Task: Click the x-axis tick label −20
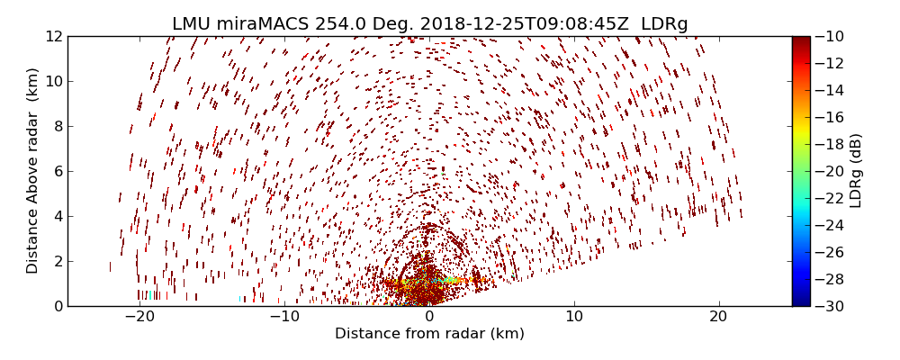click(139, 317)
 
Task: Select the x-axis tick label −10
click(284, 317)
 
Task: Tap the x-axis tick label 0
click(429, 317)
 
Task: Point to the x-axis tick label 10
click(574, 317)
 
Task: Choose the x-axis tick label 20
click(718, 317)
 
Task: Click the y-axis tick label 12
click(53, 36)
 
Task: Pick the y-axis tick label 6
click(57, 171)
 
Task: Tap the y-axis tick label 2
click(57, 261)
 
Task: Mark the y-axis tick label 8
click(57, 126)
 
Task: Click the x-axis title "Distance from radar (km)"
click(429, 334)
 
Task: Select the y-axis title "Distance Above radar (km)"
click(33, 171)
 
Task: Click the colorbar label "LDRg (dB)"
click(856, 171)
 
